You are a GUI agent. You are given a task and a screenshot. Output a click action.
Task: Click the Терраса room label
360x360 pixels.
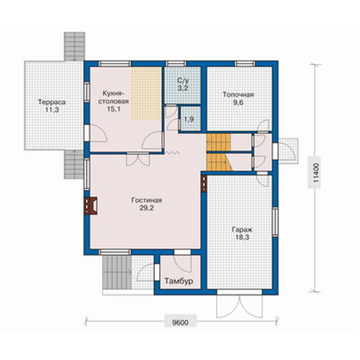pos(52,102)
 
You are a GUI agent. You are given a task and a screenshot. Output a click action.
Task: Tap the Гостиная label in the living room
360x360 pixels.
pos(147,200)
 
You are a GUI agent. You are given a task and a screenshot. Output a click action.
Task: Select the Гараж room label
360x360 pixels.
pos(242,230)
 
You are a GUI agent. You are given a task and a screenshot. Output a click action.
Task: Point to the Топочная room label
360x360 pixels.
pos(238,94)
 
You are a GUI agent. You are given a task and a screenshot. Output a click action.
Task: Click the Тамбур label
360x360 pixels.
pos(179,281)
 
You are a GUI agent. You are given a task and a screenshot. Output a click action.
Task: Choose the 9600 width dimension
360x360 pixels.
pos(181,323)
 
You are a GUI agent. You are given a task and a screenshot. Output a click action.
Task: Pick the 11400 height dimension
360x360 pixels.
pos(317,174)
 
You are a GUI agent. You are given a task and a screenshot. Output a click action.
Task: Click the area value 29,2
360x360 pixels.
pos(147,208)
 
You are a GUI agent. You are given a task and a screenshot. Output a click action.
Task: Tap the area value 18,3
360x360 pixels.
pos(242,238)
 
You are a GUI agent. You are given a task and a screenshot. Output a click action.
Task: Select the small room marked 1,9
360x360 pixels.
pos(190,119)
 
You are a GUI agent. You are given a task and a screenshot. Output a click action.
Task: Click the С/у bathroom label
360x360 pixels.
pos(183,80)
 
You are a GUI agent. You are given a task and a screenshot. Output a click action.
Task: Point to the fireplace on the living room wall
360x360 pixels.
pos(91,205)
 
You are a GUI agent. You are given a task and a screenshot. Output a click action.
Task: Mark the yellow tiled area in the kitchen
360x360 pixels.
pos(146,94)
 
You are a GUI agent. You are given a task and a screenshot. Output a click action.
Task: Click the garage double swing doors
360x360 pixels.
pos(239,307)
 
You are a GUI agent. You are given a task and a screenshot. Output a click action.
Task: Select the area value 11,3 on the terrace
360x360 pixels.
pos(52,110)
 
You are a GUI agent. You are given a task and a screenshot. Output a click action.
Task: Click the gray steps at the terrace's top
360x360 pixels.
pos(74,47)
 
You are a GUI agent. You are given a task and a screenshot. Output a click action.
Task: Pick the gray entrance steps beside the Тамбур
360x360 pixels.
pos(117,272)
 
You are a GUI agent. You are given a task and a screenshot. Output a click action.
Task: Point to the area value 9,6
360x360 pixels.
pos(238,103)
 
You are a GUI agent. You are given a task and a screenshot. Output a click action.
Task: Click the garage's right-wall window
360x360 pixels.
pos(275,221)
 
